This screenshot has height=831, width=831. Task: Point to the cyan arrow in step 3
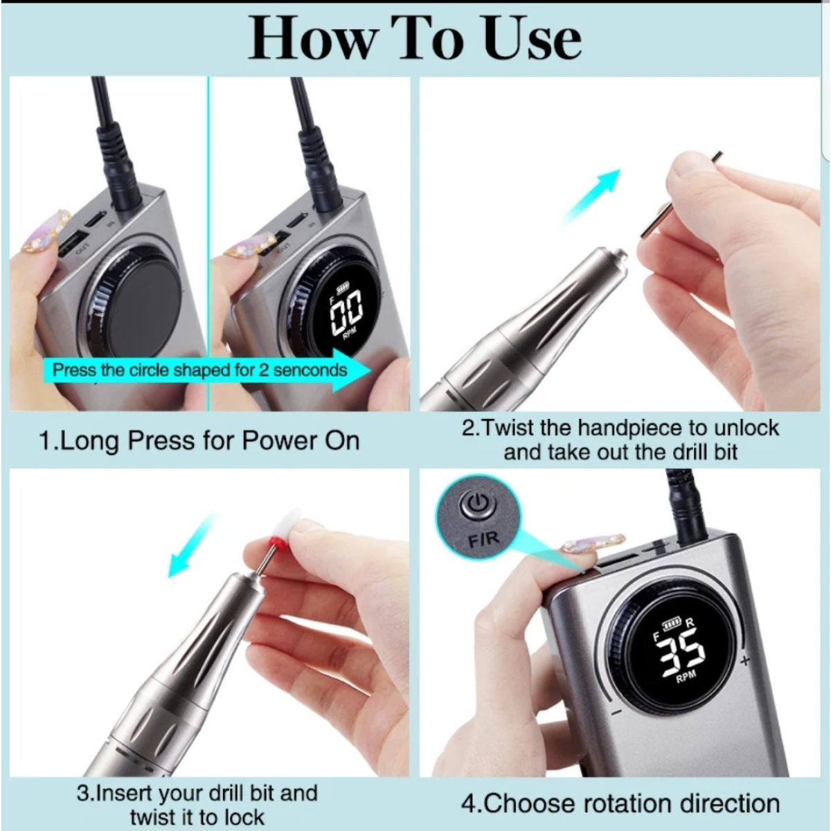coord(190,545)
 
